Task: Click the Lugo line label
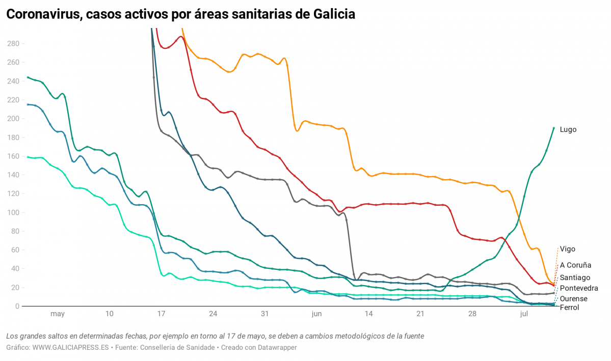coord(568,130)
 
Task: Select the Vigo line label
coord(567,249)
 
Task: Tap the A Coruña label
coord(575,265)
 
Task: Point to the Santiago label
coord(575,277)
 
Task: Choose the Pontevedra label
coord(579,288)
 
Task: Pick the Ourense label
coord(573,299)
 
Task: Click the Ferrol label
coord(569,308)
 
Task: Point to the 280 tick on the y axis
coord(13,44)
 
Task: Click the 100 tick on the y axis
coord(13,212)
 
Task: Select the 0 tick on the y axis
coord(17,306)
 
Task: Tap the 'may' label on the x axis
coord(58,314)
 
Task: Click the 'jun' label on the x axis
coord(316,314)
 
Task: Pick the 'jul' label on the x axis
coord(524,314)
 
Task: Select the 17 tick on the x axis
coord(161,314)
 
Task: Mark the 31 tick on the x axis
coord(264,314)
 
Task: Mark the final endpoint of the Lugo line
coord(554,128)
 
